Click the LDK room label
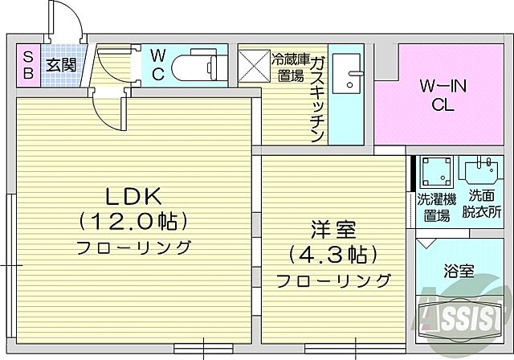pyautogui.click(x=133, y=196)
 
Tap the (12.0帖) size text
pyautogui.click(x=133, y=220)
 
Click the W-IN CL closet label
pyautogui.click(x=440, y=95)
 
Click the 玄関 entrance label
pyautogui.click(x=59, y=65)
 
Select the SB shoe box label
pyautogui.click(x=27, y=65)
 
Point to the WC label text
pyautogui.click(x=157, y=65)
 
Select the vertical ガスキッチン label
pyautogui.click(x=317, y=96)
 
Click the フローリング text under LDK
pyautogui.click(x=134, y=247)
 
